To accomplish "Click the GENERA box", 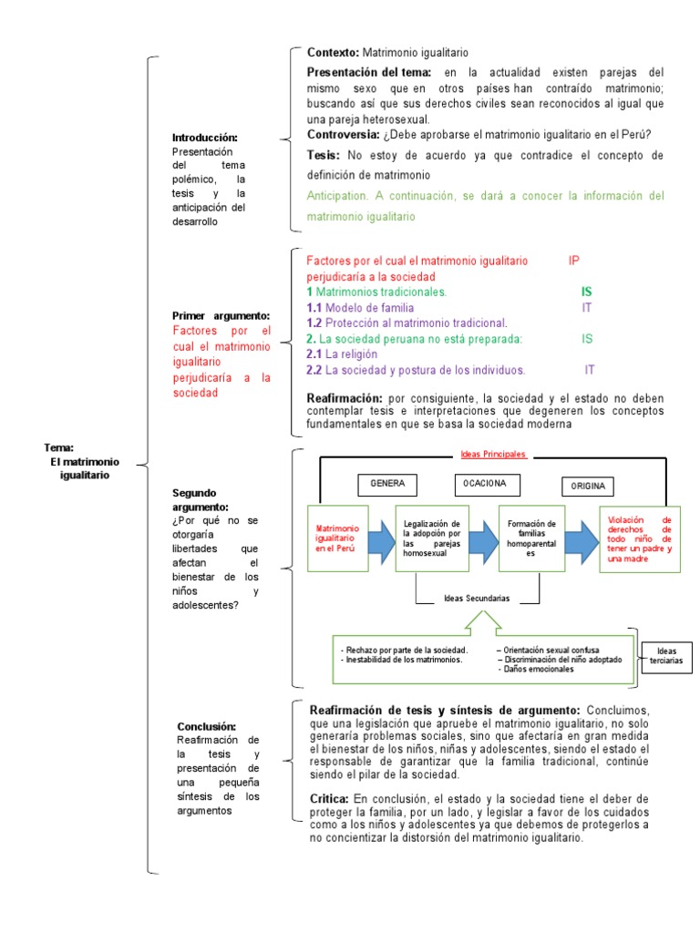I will tap(386, 483).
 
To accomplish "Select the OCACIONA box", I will tap(485, 482).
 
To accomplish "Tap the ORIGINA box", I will tap(587, 485).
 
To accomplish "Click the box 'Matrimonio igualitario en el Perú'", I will tap(338, 538).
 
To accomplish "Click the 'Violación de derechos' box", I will tap(639, 538).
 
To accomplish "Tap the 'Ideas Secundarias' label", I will tap(477, 599).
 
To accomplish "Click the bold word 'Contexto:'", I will tap(334, 54).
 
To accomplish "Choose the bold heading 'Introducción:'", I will tap(204, 138).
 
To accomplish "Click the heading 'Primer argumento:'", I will tap(221, 315).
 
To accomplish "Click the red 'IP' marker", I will tap(574, 261).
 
